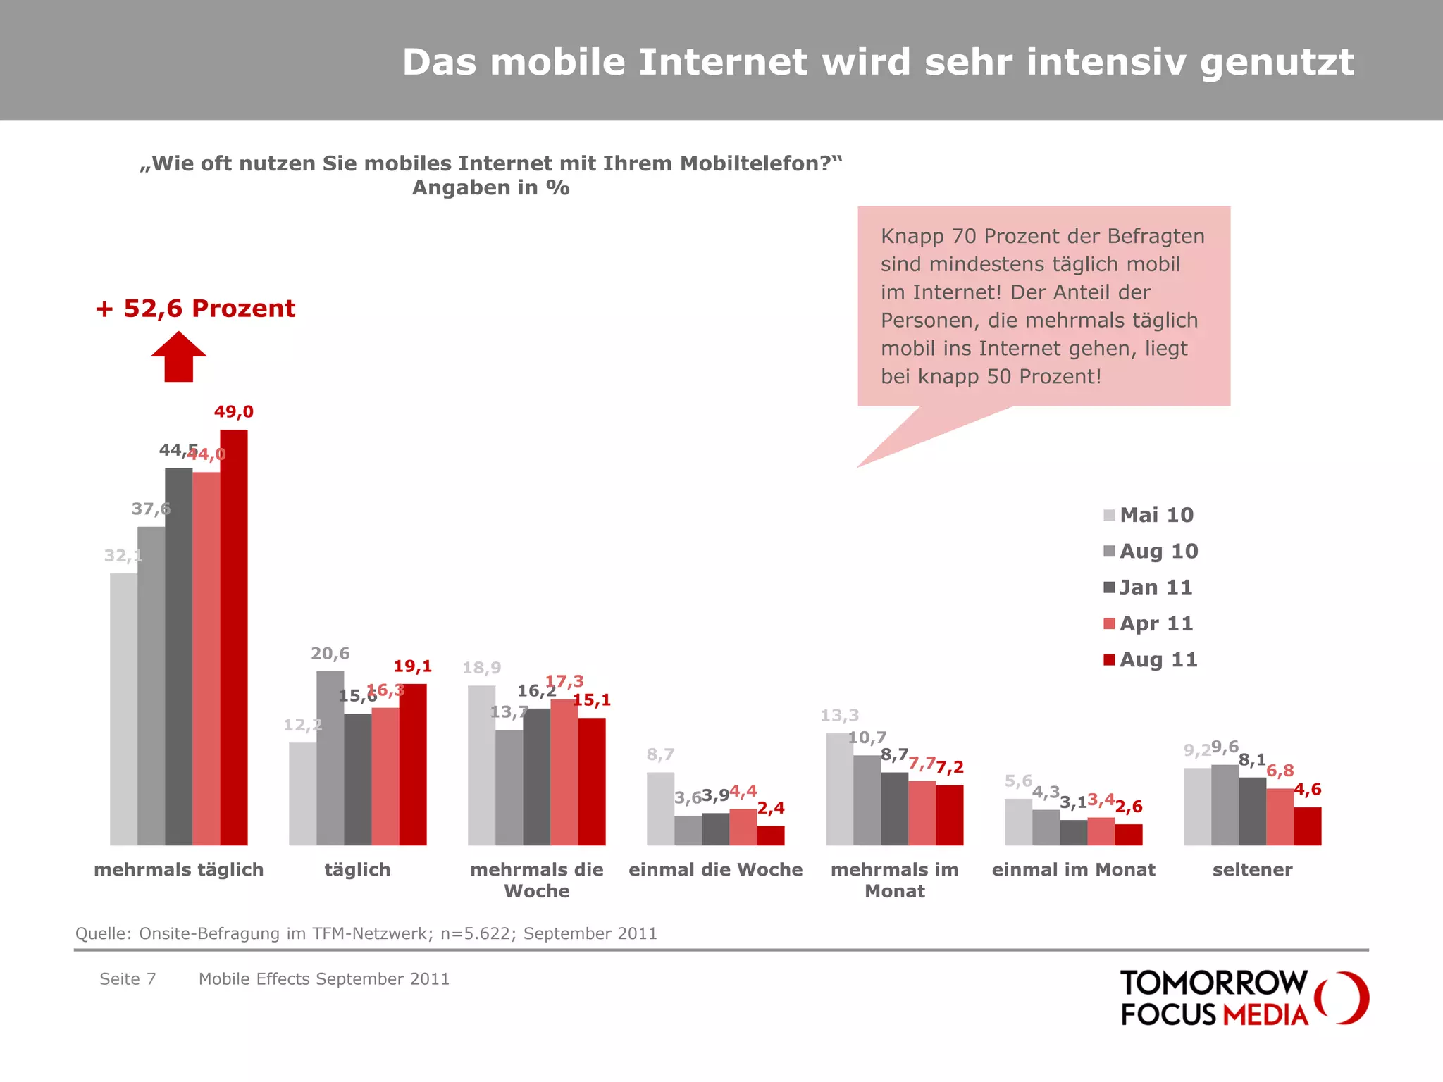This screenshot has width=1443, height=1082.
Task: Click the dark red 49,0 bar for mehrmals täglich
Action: pos(233,638)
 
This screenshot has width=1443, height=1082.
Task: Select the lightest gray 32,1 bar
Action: pos(123,709)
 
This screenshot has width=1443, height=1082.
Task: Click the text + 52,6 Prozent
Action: pos(195,309)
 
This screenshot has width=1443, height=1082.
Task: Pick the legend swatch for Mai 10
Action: pos(1109,515)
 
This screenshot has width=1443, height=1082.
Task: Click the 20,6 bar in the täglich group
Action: pos(330,758)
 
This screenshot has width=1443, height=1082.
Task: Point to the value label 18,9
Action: pos(481,668)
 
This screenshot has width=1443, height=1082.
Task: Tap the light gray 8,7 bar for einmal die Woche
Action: pos(660,809)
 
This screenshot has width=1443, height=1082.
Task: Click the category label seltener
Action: pos(1252,870)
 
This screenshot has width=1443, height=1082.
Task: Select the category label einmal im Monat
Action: pos(1073,870)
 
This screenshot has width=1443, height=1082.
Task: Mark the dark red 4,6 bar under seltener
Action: pos(1307,826)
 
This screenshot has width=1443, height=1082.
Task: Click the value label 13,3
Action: pos(839,716)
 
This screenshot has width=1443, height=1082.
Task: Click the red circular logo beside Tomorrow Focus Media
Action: pos(1343,997)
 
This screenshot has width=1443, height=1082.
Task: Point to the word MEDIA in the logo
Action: pos(1265,1015)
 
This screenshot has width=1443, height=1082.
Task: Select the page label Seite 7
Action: pos(128,979)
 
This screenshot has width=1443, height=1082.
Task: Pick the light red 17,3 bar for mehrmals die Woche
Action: pos(564,772)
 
